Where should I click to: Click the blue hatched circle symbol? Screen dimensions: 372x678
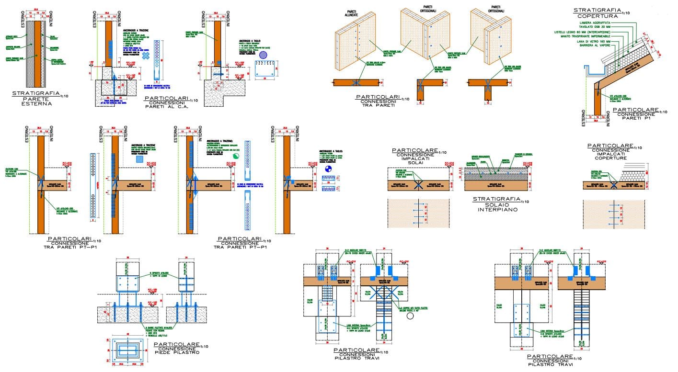click(x=263, y=55)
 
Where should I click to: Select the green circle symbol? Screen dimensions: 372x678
click(x=236, y=156)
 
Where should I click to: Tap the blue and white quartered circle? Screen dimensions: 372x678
click(x=328, y=169)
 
